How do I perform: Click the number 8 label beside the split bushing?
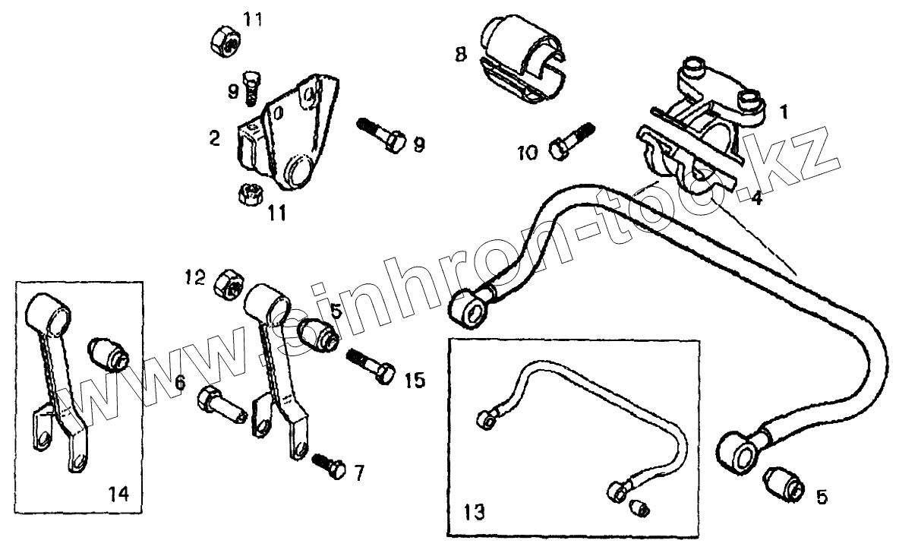(461, 55)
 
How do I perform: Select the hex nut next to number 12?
(229, 283)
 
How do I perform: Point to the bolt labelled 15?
(371, 364)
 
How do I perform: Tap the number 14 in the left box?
(118, 493)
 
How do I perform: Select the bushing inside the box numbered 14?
(111, 354)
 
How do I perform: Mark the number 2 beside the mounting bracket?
(215, 137)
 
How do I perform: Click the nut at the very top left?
(225, 38)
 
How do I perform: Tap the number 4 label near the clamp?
(756, 199)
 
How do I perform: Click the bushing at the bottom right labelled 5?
(783, 481)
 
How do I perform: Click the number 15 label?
(415, 380)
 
